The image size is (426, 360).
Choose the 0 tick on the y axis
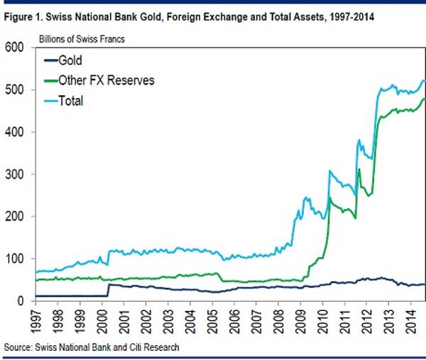21,301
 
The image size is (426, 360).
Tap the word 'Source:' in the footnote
18,347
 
